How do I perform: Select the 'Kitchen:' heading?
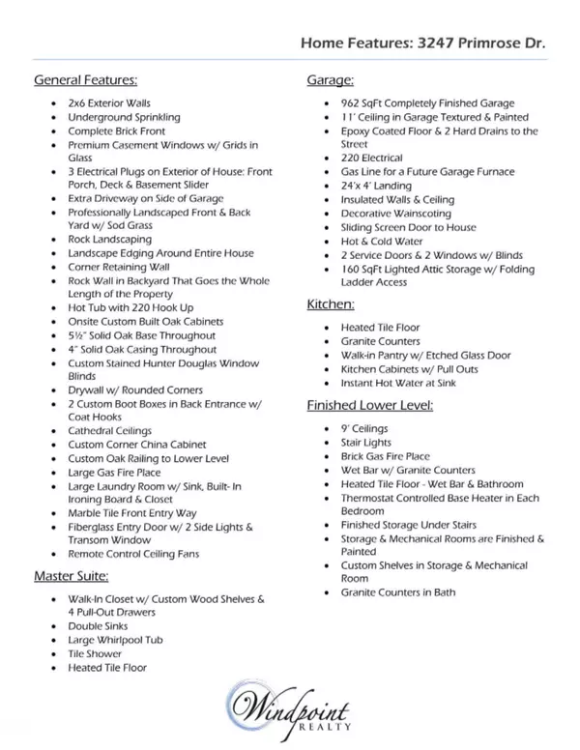pyautogui.click(x=332, y=304)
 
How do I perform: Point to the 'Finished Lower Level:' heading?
pyautogui.click(x=369, y=405)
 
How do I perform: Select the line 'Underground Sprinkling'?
pyautogui.click(x=124, y=117)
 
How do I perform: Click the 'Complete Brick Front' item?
pyautogui.click(x=117, y=130)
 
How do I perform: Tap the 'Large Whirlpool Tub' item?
pyautogui.click(x=116, y=640)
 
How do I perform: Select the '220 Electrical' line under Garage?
pyautogui.click(x=372, y=158)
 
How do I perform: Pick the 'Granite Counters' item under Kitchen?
pyautogui.click(x=381, y=341)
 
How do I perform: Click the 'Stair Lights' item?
pyautogui.click(x=365, y=443)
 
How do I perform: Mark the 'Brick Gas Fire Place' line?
pyautogui.click(x=385, y=456)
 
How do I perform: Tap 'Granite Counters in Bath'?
pyautogui.click(x=398, y=592)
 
